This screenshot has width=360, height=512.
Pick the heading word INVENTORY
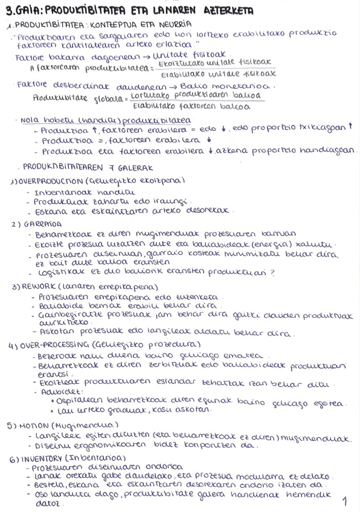(43, 459)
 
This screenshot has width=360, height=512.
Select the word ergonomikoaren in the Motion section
(121, 446)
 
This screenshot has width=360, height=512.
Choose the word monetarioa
(248, 86)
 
